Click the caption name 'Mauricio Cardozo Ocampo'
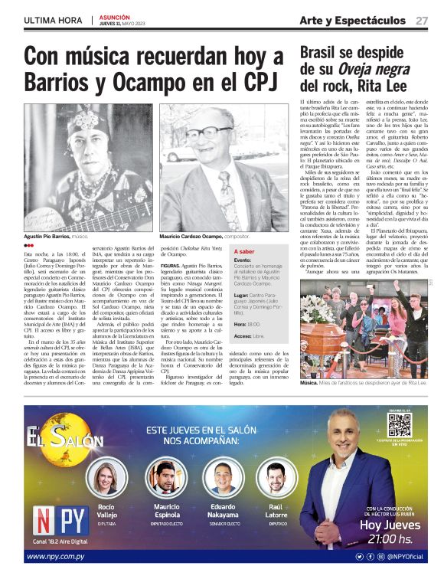(191, 237)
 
